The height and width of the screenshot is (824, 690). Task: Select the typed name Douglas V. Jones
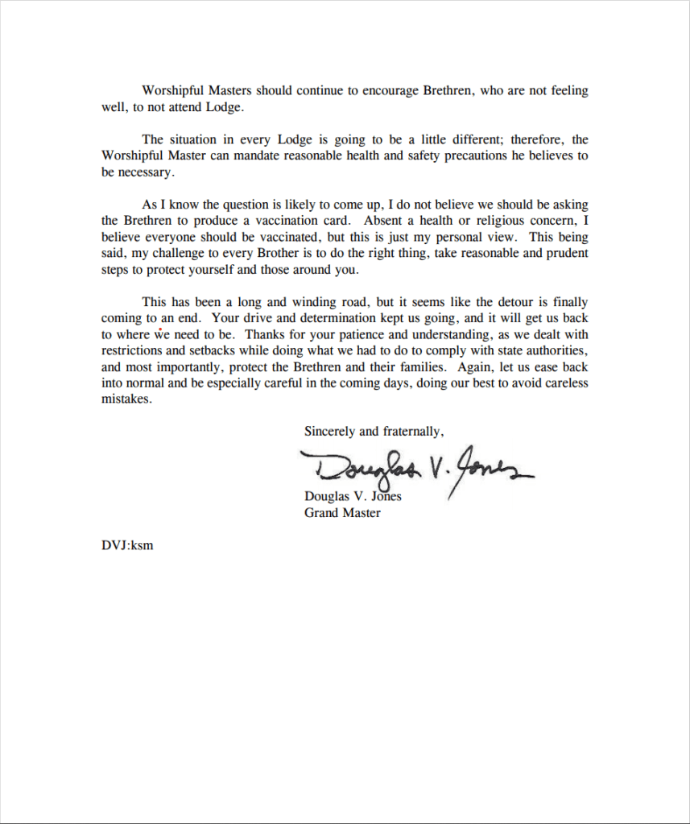[353, 496]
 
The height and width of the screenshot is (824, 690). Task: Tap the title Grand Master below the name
[342, 512]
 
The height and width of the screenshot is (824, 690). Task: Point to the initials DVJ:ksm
[127, 545]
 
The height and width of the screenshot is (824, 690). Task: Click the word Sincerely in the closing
[330, 432]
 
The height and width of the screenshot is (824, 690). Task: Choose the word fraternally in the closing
[412, 432]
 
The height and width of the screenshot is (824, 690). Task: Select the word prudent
[564, 253]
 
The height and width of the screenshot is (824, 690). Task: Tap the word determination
[339, 318]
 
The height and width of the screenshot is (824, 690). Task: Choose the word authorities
[555, 350]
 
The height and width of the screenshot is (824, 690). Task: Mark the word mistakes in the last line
[126, 400]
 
